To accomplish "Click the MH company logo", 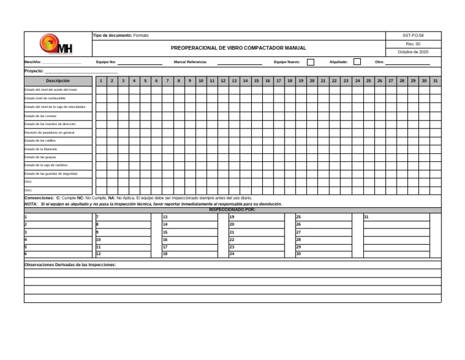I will [x=56, y=44].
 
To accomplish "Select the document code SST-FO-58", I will [x=413, y=36].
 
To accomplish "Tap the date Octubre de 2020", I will [x=413, y=52].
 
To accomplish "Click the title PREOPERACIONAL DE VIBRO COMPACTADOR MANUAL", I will [x=239, y=48].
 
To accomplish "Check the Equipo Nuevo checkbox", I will [x=311, y=62].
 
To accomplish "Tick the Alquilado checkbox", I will [x=357, y=62].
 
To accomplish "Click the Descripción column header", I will [x=58, y=81].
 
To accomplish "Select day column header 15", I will [x=256, y=81].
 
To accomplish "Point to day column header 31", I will [x=435, y=81].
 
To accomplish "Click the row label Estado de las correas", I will [x=41, y=115].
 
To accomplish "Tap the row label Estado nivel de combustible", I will [x=45, y=98].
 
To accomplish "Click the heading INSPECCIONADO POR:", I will [x=232, y=210].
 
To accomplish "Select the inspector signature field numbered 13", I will [x=193, y=216].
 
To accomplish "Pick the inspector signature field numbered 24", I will [x=259, y=254].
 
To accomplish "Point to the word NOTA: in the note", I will [x=31, y=204].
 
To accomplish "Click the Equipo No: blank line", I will [x=140, y=62].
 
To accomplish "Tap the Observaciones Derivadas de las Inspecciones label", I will [x=70, y=265].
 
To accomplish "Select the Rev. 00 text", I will [x=413, y=44].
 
